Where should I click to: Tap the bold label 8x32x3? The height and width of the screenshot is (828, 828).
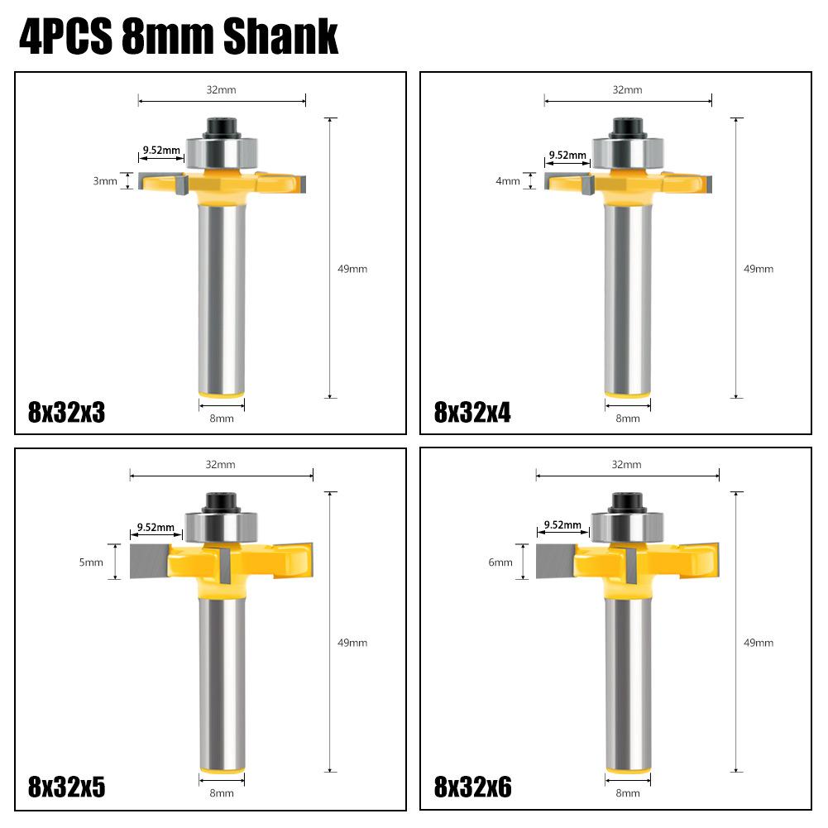(67, 412)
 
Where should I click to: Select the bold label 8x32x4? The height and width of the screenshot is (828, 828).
(473, 412)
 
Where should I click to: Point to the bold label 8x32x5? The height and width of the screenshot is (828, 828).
(67, 787)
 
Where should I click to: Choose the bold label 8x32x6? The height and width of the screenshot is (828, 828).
(473, 787)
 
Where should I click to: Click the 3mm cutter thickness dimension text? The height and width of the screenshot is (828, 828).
(105, 181)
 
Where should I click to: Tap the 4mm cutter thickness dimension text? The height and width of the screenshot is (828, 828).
(508, 181)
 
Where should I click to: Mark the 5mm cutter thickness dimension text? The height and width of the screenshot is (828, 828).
(91, 562)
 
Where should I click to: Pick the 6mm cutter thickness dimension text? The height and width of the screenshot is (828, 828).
(500, 562)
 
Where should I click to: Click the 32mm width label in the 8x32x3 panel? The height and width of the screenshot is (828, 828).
(222, 89)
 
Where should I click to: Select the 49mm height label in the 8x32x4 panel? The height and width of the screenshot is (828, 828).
(759, 269)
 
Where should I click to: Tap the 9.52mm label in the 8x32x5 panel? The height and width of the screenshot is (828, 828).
(156, 527)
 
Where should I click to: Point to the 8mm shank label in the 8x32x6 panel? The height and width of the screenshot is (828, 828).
(628, 793)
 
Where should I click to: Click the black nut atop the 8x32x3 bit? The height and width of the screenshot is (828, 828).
(222, 127)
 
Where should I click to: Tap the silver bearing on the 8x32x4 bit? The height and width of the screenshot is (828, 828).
(628, 153)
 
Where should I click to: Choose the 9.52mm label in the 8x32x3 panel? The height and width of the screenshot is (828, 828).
(161, 151)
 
